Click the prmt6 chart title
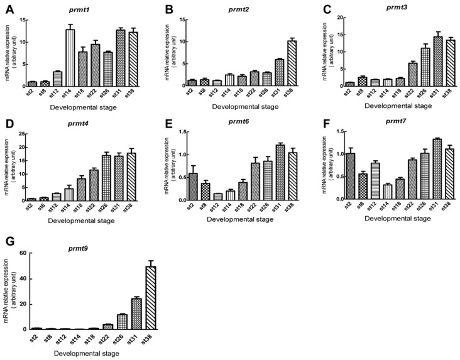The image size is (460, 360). (x=239, y=124)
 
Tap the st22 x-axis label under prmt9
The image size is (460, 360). (x=107, y=339)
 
